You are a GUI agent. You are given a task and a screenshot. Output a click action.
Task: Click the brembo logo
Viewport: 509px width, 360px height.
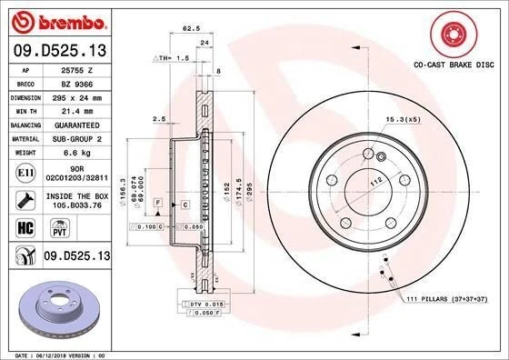57,21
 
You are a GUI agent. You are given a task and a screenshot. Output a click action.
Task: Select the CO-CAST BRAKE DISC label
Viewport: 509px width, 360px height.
454,65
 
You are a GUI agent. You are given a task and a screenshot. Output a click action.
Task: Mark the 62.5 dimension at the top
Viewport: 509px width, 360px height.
192,30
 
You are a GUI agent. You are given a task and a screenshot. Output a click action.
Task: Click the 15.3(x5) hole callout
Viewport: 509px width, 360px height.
402,119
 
